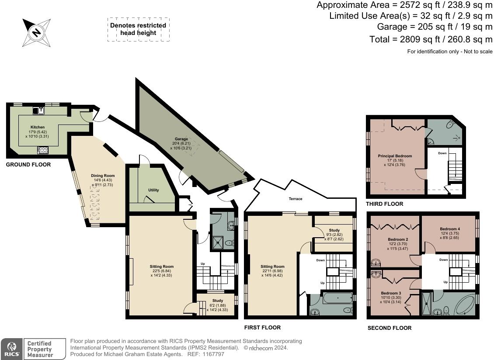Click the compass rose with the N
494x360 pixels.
click(37, 33)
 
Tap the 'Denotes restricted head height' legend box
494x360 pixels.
click(138, 29)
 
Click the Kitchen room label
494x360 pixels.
click(38, 127)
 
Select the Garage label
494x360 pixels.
click(181, 139)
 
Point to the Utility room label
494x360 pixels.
click(153, 190)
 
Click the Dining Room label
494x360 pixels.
click(103, 176)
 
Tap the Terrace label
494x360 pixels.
click(296, 199)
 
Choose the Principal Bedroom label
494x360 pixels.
click(395, 156)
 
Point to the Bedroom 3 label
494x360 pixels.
click(391, 293)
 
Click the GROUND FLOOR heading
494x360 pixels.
click(28, 164)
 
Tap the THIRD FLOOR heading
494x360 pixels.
click(384, 204)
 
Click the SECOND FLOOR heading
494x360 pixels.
click(390, 328)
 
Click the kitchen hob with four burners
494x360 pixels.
click(43, 150)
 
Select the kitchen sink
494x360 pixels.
click(38, 110)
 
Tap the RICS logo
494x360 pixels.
click(12, 349)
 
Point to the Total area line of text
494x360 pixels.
click(431, 39)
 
